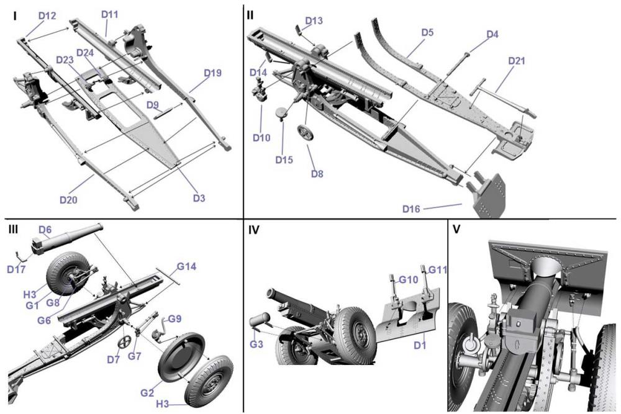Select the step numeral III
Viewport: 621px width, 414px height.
click(x=14, y=229)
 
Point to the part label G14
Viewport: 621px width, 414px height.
click(x=186, y=267)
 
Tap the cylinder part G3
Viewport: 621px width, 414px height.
click(x=259, y=323)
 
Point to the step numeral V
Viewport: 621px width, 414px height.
click(x=456, y=229)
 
